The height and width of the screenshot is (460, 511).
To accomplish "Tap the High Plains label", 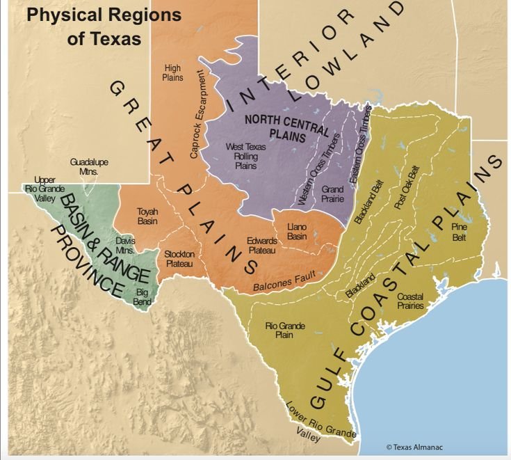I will point(172,73).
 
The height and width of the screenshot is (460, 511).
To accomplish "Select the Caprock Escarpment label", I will point(197,114).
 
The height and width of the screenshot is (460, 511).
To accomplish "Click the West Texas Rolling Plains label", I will point(242,157).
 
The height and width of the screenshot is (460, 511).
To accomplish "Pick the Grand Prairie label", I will point(332,193).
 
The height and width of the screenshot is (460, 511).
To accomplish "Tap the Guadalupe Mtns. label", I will point(89,166).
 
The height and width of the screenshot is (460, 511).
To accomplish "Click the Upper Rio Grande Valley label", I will point(43,188).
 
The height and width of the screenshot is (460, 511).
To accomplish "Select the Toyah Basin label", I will point(147,216).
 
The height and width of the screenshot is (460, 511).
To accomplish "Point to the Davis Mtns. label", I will point(125,245).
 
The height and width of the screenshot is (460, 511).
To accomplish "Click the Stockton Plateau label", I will point(179,258).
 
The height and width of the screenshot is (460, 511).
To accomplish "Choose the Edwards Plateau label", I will point(262,245).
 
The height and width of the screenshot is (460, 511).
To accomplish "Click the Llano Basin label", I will point(297,232).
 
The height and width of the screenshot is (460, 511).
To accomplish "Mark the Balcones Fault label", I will point(284,280).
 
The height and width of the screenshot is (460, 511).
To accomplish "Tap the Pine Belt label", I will point(459,232).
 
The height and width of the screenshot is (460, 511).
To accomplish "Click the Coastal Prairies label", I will point(410,301).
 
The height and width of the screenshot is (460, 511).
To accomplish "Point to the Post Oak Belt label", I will point(407,187).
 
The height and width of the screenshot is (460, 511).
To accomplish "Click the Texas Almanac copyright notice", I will point(414,447).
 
